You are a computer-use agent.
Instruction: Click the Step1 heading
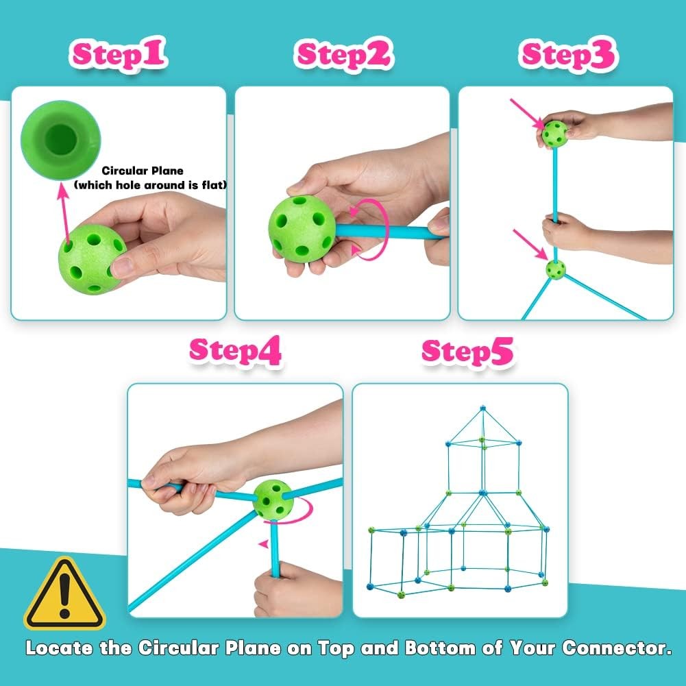click(x=118, y=54)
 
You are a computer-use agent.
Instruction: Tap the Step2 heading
click(x=343, y=55)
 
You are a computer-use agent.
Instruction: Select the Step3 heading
click(x=568, y=55)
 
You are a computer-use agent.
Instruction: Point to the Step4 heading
click(x=235, y=351)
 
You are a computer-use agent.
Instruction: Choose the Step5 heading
click(x=467, y=352)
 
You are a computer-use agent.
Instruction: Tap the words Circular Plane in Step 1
click(x=143, y=171)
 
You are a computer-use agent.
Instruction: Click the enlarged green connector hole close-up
click(x=60, y=140)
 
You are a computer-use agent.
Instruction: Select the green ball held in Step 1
click(x=91, y=260)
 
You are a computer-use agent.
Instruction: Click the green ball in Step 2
click(x=302, y=228)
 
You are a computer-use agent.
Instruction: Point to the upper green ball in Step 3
click(x=555, y=134)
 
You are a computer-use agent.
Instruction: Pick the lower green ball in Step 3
click(x=556, y=270)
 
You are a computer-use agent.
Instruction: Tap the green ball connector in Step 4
click(x=273, y=500)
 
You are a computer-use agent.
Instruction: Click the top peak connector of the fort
click(x=482, y=408)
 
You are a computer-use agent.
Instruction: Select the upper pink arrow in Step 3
click(x=527, y=114)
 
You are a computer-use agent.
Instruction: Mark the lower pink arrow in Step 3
click(x=530, y=245)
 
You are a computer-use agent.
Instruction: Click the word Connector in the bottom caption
click(x=616, y=648)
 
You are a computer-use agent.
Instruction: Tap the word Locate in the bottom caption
click(x=59, y=648)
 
